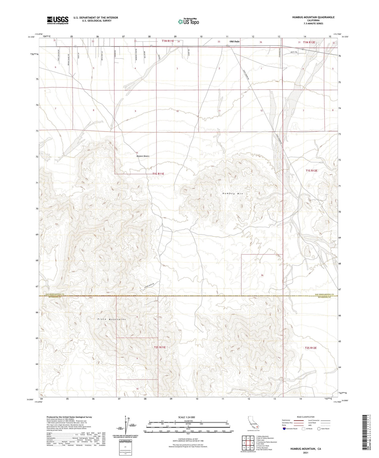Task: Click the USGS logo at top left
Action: [x=58, y=20]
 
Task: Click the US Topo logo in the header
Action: [x=188, y=22]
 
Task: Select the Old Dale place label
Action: [x=234, y=41]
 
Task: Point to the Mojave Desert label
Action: [x=143, y=156]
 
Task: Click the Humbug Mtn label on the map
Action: [x=232, y=194]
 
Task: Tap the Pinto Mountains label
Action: [x=111, y=319]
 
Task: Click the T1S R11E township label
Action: [x=158, y=174]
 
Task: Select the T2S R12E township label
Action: [x=311, y=348]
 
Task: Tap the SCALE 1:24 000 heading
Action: [x=186, y=417]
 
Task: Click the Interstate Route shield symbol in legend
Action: [x=284, y=429]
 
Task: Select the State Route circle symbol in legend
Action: [x=319, y=429]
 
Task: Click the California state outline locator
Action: [x=253, y=423]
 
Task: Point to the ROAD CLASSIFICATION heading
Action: [x=306, y=417]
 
